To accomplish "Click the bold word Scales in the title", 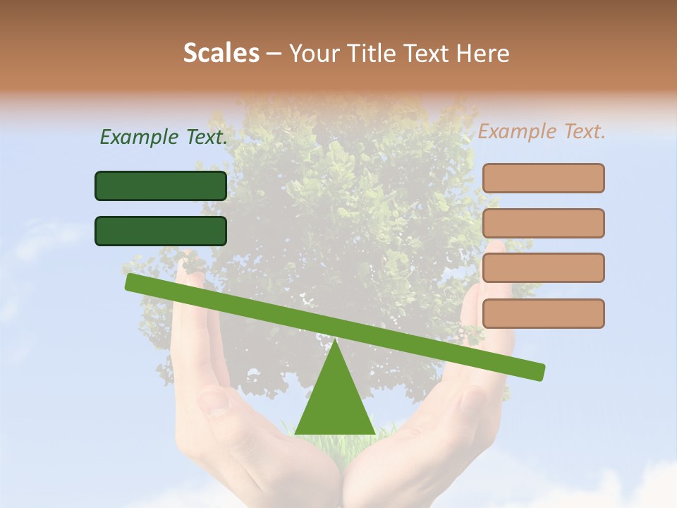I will click(221, 53).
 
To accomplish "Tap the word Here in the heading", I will click(483, 54).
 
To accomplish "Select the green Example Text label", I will click(164, 137).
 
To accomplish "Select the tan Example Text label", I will click(542, 131).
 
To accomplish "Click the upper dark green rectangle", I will click(161, 186).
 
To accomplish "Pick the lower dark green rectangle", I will click(161, 231).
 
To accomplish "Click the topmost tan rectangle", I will click(543, 178).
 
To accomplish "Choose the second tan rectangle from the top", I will click(543, 223).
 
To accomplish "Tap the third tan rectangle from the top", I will click(543, 268).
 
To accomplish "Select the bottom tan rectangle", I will click(543, 313).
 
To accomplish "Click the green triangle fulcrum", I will click(335, 402).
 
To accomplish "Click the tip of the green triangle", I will click(335, 342).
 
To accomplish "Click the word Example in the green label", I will click(138, 137).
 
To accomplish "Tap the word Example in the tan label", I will click(516, 131).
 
